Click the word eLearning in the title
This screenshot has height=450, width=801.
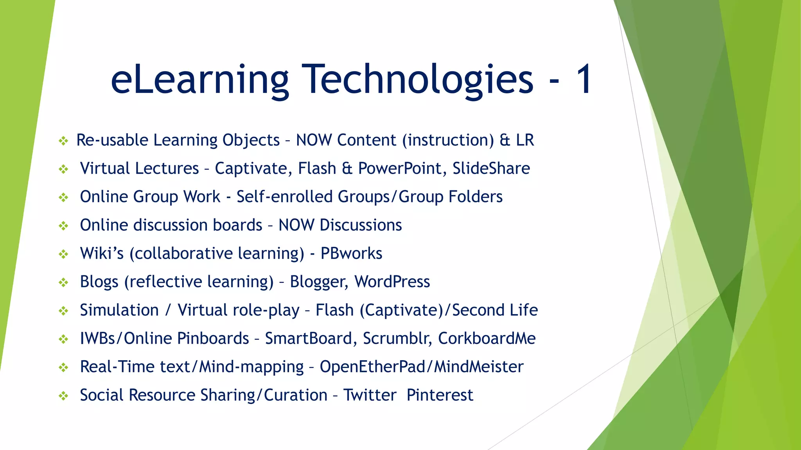point(199,80)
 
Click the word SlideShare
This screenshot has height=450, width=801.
point(491,169)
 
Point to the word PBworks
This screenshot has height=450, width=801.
point(351,254)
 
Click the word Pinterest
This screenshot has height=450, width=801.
point(440,395)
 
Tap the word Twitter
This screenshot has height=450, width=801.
point(370,395)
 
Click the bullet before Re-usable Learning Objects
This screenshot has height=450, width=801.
point(63,141)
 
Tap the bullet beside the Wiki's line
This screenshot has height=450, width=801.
point(63,254)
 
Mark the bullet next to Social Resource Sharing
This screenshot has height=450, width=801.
point(63,396)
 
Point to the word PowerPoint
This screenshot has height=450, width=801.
point(402,169)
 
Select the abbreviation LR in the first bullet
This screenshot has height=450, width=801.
point(525,140)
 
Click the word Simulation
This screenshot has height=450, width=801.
point(119,311)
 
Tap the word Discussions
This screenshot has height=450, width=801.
point(360,225)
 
